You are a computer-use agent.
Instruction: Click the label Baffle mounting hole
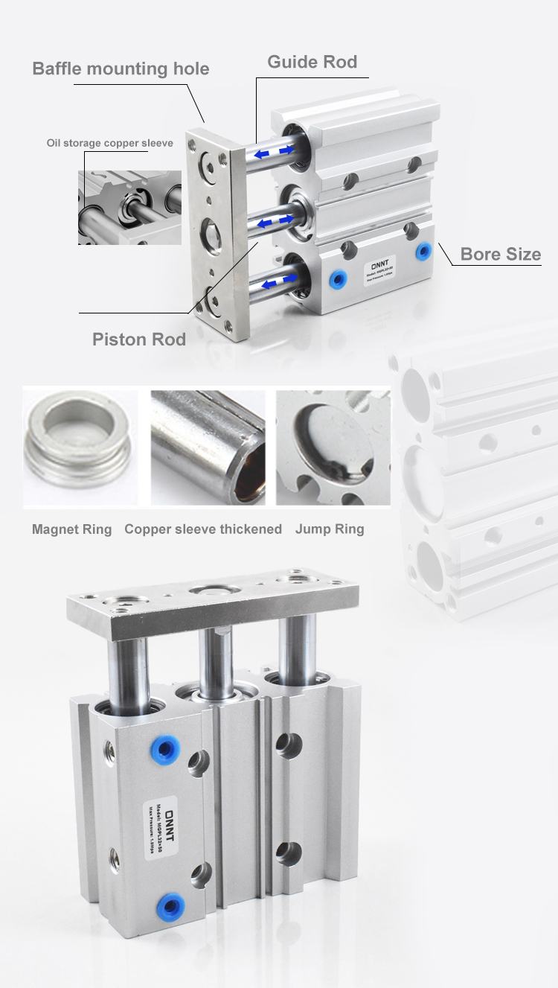coord(121,69)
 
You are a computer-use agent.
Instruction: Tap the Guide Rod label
coord(312,62)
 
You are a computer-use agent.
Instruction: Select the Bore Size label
coord(501,255)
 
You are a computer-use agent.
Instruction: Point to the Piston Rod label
coord(139,340)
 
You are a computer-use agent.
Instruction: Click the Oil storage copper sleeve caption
coord(109,143)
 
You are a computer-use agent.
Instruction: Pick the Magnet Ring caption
coord(71,529)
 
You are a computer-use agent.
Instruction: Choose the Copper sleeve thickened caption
coord(203,529)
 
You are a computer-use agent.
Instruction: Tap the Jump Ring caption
coord(330,529)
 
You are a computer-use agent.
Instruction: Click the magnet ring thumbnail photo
coord(80,447)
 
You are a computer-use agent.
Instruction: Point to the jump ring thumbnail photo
coord(333,447)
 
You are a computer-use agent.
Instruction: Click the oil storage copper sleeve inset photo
coord(129,207)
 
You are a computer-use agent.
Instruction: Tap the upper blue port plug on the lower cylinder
coord(164,747)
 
